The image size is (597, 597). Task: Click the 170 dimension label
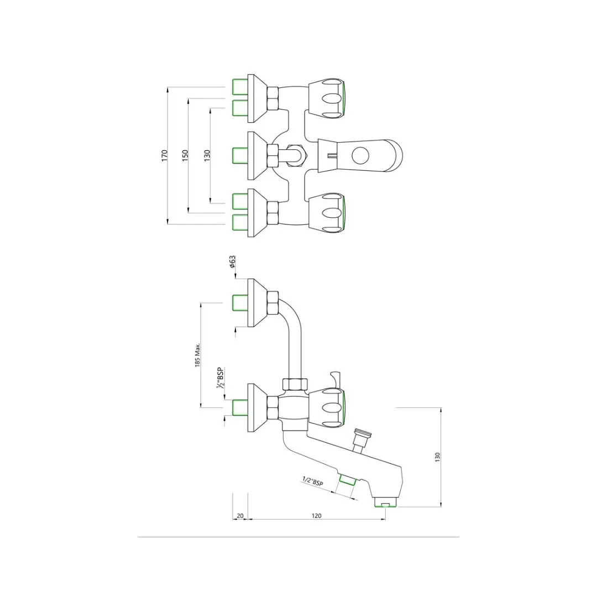[165, 155]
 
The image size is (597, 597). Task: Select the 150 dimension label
[185, 155]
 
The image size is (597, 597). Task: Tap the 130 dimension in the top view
[207, 155]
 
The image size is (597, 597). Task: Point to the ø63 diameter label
[233, 262]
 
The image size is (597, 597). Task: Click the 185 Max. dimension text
[197, 354]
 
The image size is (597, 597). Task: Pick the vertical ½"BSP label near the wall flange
[221, 378]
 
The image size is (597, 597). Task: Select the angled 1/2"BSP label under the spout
[312, 481]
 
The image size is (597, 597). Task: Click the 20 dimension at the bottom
[240, 516]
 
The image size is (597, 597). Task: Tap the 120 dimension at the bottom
[316, 516]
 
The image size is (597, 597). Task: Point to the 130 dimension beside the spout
[437, 457]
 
